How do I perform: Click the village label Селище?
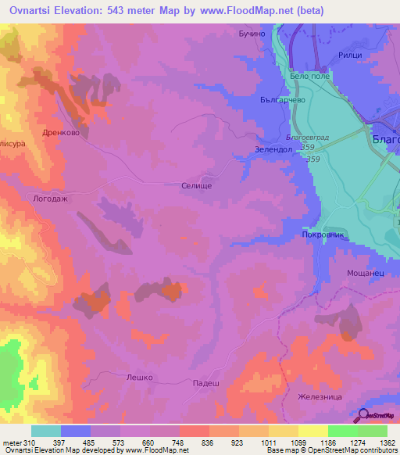click(x=195, y=186)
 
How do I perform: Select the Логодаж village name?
click(x=50, y=199)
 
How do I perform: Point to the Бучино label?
click(x=253, y=34)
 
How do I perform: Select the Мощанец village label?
click(x=364, y=274)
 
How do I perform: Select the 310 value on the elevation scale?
click(x=23, y=442)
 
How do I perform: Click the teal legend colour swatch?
click(x=46, y=431)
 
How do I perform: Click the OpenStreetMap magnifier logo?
click(x=364, y=416)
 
